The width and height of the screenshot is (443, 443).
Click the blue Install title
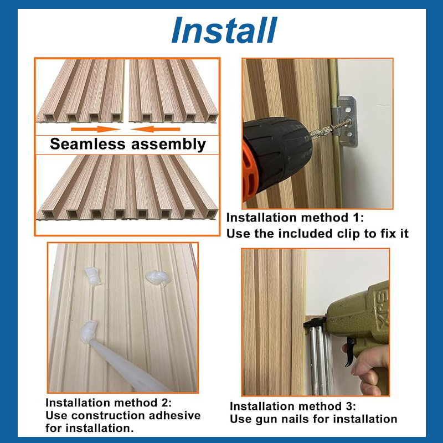224,30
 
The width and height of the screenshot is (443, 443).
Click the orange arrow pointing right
96,130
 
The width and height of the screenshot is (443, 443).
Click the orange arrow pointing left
156,130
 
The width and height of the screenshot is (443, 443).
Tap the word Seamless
87,144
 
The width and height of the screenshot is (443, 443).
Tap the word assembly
168,145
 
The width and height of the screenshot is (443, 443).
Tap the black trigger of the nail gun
349,352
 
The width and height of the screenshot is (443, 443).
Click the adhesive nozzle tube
124,364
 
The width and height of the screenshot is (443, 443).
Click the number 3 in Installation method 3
348,406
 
